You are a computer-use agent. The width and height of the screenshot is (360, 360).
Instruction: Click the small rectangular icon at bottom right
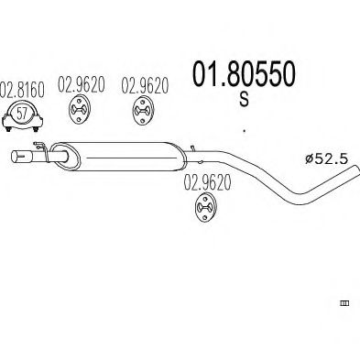pyautogui.click(x=345, y=301)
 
